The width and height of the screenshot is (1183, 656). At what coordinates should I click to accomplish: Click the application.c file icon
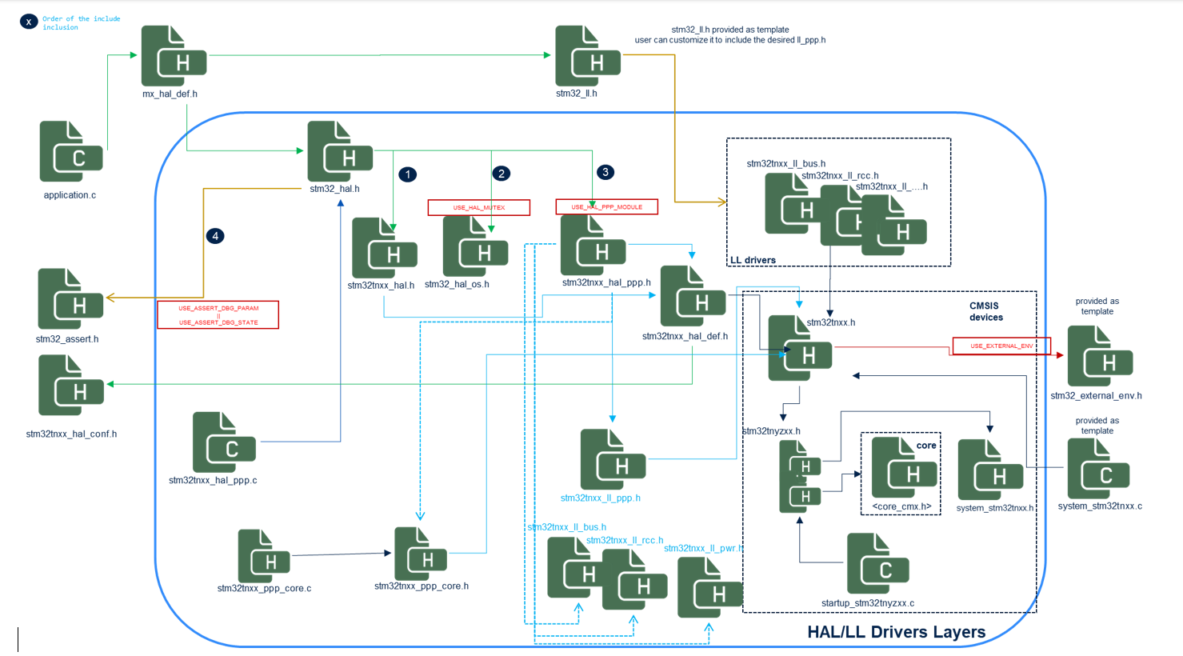(71, 152)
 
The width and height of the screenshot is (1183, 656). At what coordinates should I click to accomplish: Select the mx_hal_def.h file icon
(174, 56)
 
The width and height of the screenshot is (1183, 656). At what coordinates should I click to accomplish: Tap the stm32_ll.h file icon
(588, 56)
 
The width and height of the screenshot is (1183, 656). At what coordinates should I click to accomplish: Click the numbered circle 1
(408, 174)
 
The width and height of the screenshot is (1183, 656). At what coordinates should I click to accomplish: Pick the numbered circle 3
(605, 172)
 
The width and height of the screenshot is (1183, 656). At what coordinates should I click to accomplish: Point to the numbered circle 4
(215, 236)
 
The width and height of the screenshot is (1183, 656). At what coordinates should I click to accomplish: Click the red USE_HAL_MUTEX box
(478, 208)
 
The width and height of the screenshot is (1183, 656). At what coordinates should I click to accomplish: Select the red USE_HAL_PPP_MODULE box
(606, 207)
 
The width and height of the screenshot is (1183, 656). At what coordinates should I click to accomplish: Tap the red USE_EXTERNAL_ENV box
(1001, 346)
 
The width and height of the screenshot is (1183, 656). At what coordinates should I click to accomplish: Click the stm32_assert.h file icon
(70, 299)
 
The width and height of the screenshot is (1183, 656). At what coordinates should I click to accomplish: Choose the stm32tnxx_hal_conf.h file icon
(71, 386)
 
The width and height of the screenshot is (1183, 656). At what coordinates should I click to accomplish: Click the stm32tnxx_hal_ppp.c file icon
(224, 443)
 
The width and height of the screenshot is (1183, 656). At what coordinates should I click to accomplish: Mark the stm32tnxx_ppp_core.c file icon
(264, 557)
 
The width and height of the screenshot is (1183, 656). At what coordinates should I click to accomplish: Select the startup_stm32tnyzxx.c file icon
(877, 565)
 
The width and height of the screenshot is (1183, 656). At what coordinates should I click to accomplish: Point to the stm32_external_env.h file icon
(1100, 357)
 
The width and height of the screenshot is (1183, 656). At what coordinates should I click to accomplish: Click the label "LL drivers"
(753, 260)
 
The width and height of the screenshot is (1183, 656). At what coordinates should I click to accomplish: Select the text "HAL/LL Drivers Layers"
(896, 632)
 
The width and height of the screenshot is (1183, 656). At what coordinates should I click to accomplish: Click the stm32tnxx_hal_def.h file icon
(693, 297)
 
